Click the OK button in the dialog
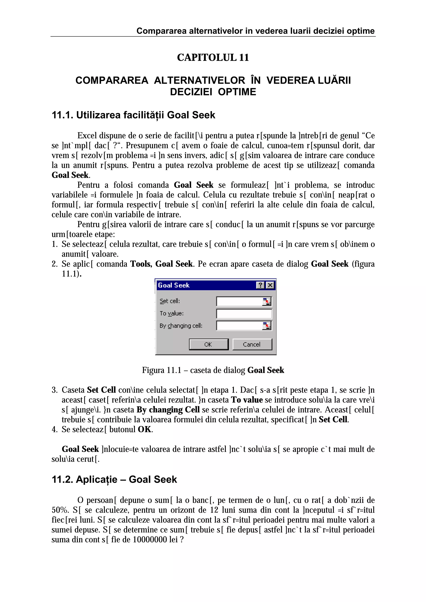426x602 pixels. [x=208, y=344]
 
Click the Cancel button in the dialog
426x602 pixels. [x=252, y=344]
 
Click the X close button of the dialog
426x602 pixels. [x=270, y=285]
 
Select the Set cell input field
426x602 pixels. [x=239, y=301]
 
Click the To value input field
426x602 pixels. [x=244, y=314]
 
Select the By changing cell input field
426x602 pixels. [x=239, y=326]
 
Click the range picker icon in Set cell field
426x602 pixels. [x=267, y=302]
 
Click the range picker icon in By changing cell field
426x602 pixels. [x=267, y=326]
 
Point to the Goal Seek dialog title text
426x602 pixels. [x=174, y=285]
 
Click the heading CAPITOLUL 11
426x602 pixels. [x=213, y=57]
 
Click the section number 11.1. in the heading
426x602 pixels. [x=62, y=115]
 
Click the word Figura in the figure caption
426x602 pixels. [x=153, y=370]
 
